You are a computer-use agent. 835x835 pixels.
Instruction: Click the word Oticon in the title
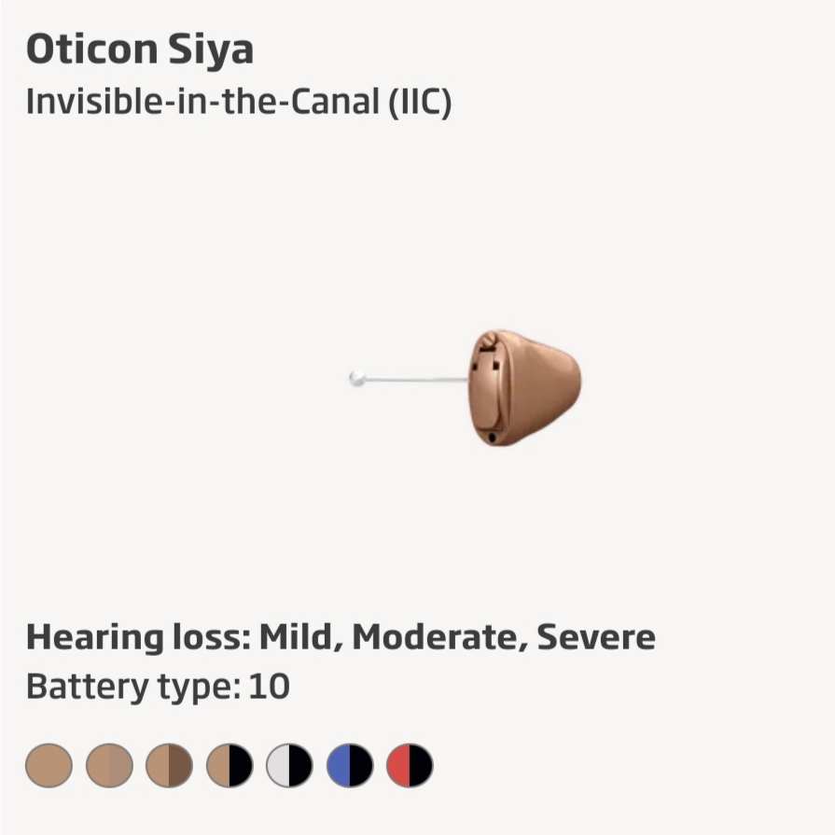tap(92, 49)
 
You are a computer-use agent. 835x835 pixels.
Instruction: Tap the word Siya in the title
tap(211, 50)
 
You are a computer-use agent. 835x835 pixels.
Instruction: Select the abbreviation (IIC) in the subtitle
tap(420, 102)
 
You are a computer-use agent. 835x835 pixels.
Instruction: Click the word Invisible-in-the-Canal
tap(202, 101)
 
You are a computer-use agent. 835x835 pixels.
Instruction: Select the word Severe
tap(596, 637)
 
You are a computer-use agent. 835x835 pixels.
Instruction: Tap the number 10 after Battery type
tap(269, 686)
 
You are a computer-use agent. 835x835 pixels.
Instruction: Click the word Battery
tap(88, 687)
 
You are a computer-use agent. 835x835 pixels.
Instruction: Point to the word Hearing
tap(95, 637)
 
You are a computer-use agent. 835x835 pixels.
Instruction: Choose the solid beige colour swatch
tap(49, 765)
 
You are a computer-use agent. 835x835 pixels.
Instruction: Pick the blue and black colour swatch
tap(350, 765)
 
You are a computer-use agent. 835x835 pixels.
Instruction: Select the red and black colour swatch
tap(410, 765)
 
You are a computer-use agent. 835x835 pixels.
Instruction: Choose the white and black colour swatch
tap(290, 765)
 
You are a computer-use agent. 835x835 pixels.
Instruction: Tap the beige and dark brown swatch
tap(170, 765)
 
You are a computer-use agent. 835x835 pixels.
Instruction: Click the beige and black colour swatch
tap(230, 765)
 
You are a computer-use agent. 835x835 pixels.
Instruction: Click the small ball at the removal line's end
tap(356, 379)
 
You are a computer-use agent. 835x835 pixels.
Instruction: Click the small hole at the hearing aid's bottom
tap(492, 438)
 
